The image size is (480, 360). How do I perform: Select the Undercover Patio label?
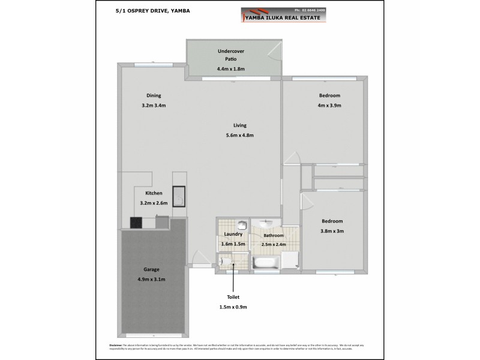tap(231, 55)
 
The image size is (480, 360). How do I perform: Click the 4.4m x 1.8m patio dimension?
tap(231, 70)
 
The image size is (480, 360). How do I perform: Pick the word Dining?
tap(154, 96)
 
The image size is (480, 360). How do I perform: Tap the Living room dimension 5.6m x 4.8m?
tap(240, 136)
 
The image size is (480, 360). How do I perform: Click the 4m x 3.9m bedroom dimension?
tap(329, 106)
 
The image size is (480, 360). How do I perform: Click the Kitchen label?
tap(154, 193)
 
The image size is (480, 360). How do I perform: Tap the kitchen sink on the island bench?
tap(179, 196)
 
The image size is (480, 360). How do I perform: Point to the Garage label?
tap(151, 270)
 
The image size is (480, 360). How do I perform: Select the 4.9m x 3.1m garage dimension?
tap(151, 280)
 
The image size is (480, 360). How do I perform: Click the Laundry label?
tap(233, 235)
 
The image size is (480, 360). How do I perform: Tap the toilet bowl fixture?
tap(223, 262)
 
